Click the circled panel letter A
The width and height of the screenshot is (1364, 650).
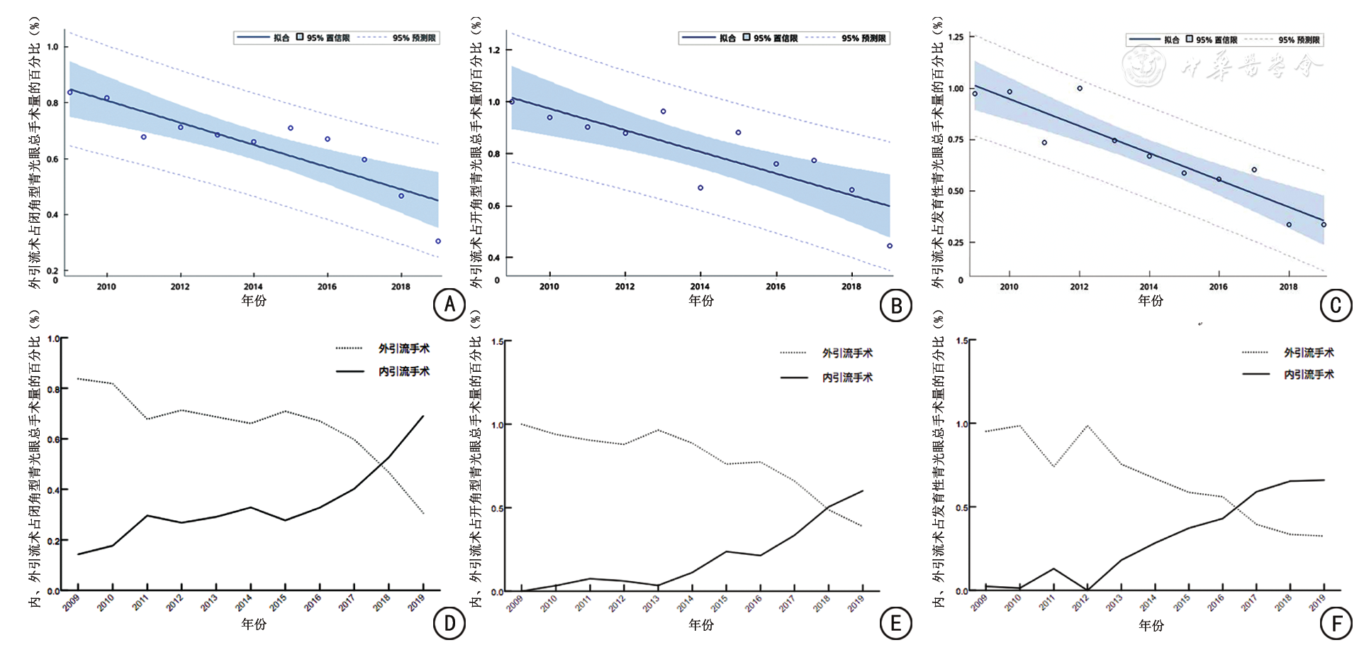pos(449,305)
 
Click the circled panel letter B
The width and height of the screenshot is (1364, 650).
pos(895,305)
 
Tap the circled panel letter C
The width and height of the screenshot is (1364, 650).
pos(1336,305)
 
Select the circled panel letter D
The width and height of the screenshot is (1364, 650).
pos(449,624)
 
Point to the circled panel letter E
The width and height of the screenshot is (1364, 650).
pos(895,624)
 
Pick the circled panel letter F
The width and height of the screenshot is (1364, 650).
pos(1336,624)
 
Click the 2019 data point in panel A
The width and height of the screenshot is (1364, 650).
pos(438,241)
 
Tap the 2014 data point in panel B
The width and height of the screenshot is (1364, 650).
pos(700,188)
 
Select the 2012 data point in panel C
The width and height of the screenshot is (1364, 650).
pos(1080,89)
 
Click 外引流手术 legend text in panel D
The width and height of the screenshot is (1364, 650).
pos(403,348)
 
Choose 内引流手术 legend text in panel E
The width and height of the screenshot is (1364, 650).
pos(847,378)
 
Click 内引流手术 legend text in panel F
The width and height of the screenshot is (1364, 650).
pos(1309,374)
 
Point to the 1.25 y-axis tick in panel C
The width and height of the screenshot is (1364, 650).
pos(955,37)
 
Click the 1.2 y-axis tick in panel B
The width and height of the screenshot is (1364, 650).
pos(494,50)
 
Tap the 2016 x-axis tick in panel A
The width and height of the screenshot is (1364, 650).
pos(327,287)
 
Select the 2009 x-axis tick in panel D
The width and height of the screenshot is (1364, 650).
pos(71,602)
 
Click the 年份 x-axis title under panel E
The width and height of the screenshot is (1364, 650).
pos(701,624)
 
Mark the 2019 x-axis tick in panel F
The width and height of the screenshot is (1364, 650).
pos(1317,603)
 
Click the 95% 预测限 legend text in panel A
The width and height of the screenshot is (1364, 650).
pos(414,38)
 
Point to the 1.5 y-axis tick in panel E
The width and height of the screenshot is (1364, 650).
pos(497,342)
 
